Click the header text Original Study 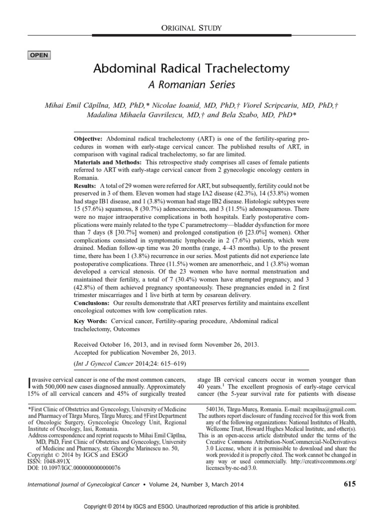[191, 28]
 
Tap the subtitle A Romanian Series [191, 84]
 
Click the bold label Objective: [88, 138]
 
